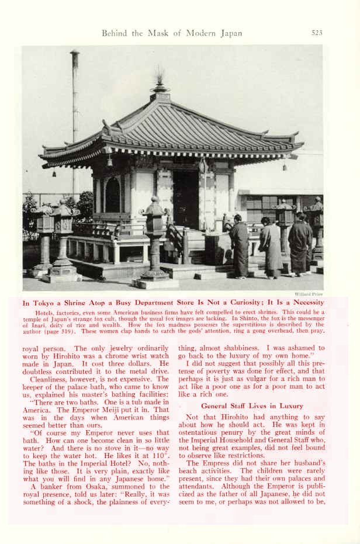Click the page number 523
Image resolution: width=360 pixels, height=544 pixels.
[317, 33]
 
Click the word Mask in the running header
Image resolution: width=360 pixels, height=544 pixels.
[165, 33]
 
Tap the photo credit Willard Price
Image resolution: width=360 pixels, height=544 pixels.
[310, 294]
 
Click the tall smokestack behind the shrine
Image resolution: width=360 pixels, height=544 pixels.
[75, 117]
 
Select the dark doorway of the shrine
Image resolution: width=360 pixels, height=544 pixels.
[186, 199]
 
